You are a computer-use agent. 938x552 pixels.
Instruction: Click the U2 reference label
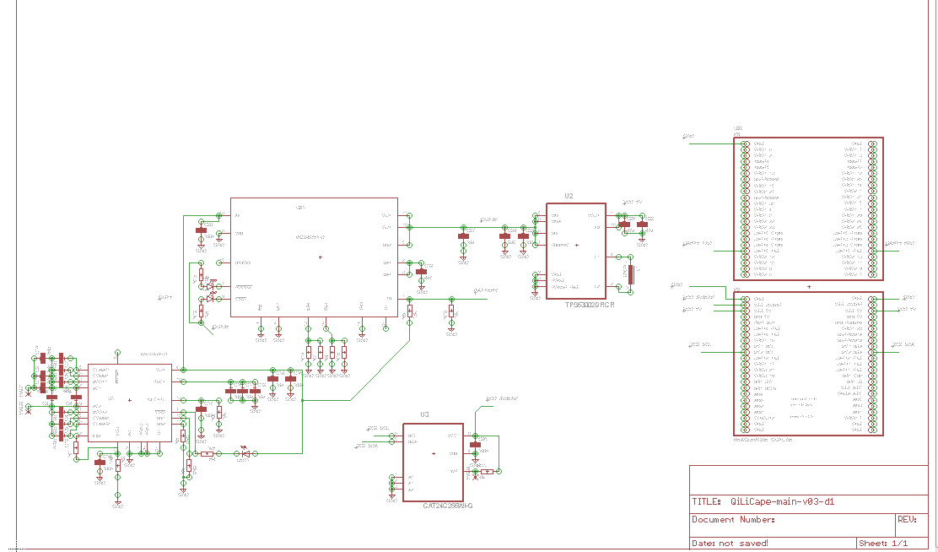point(569,196)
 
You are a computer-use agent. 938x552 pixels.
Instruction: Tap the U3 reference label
point(424,414)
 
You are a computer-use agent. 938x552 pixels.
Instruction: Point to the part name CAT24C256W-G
point(448,506)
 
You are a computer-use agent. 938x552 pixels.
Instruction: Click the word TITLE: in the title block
point(706,501)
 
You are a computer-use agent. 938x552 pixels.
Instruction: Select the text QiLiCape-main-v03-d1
point(782,501)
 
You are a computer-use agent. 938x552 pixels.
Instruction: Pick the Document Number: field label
point(733,520)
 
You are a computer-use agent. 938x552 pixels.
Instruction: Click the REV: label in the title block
point(907,520)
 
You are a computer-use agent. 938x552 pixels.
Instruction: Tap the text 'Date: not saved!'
point(730,543)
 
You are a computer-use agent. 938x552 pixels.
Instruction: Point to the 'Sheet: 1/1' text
point(883,543)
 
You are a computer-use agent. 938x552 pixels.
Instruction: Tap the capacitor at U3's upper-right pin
point(475,445)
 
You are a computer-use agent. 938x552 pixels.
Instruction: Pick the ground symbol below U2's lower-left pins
point(535,296)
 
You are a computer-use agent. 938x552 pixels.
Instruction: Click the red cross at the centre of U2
point(577,245)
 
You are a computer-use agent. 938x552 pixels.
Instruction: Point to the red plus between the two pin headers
point(809,287)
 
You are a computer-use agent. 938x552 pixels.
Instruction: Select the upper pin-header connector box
point(809,208)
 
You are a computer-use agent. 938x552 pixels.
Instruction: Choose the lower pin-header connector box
point(809,363)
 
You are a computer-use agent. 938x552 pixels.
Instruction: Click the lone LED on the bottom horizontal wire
point(245,453)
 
